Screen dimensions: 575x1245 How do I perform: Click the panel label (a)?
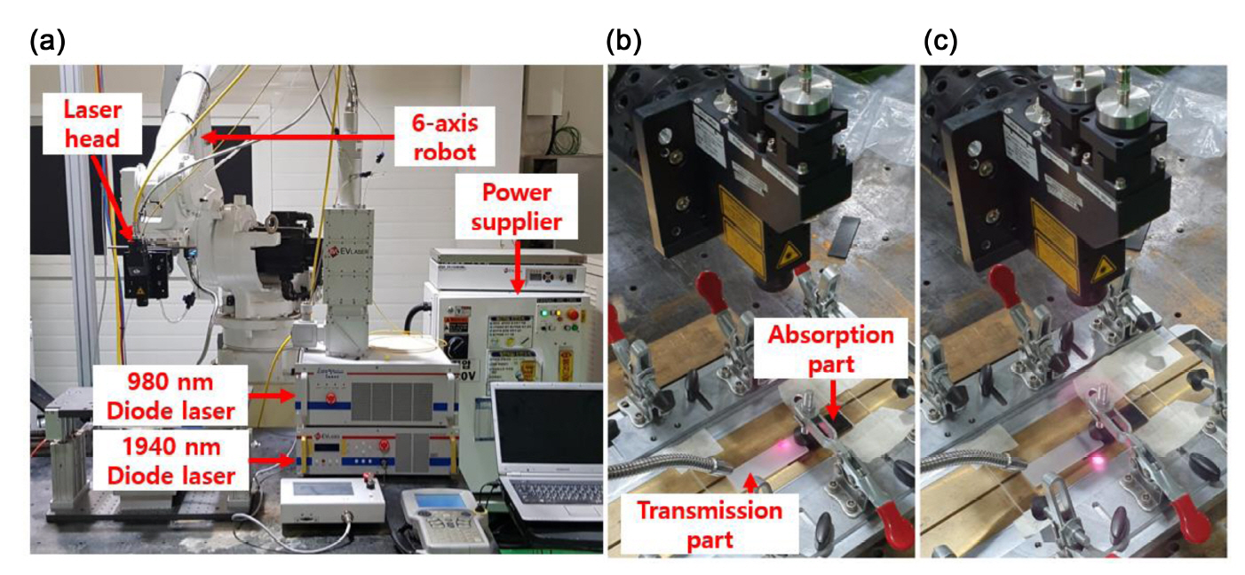click(47, 41)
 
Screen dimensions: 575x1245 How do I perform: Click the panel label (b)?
click(622, 41)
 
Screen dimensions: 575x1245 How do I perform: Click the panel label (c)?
click(940, 41)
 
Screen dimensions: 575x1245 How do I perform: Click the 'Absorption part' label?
click(830, 350)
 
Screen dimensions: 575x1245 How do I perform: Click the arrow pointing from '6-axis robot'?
click(297, 137)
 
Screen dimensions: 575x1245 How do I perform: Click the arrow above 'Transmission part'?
click(750, 482)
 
